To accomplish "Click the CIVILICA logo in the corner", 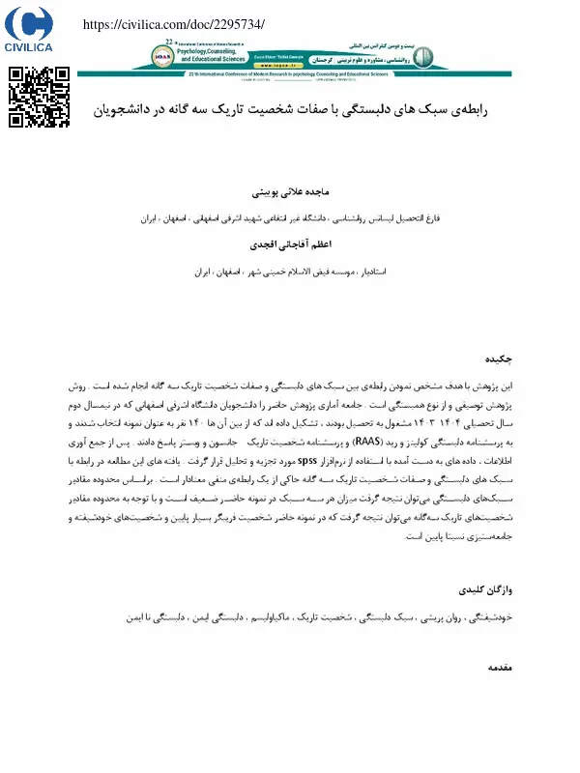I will pos(29,29).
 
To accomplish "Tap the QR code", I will pos(39,97).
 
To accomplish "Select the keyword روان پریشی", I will pos(439,615).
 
